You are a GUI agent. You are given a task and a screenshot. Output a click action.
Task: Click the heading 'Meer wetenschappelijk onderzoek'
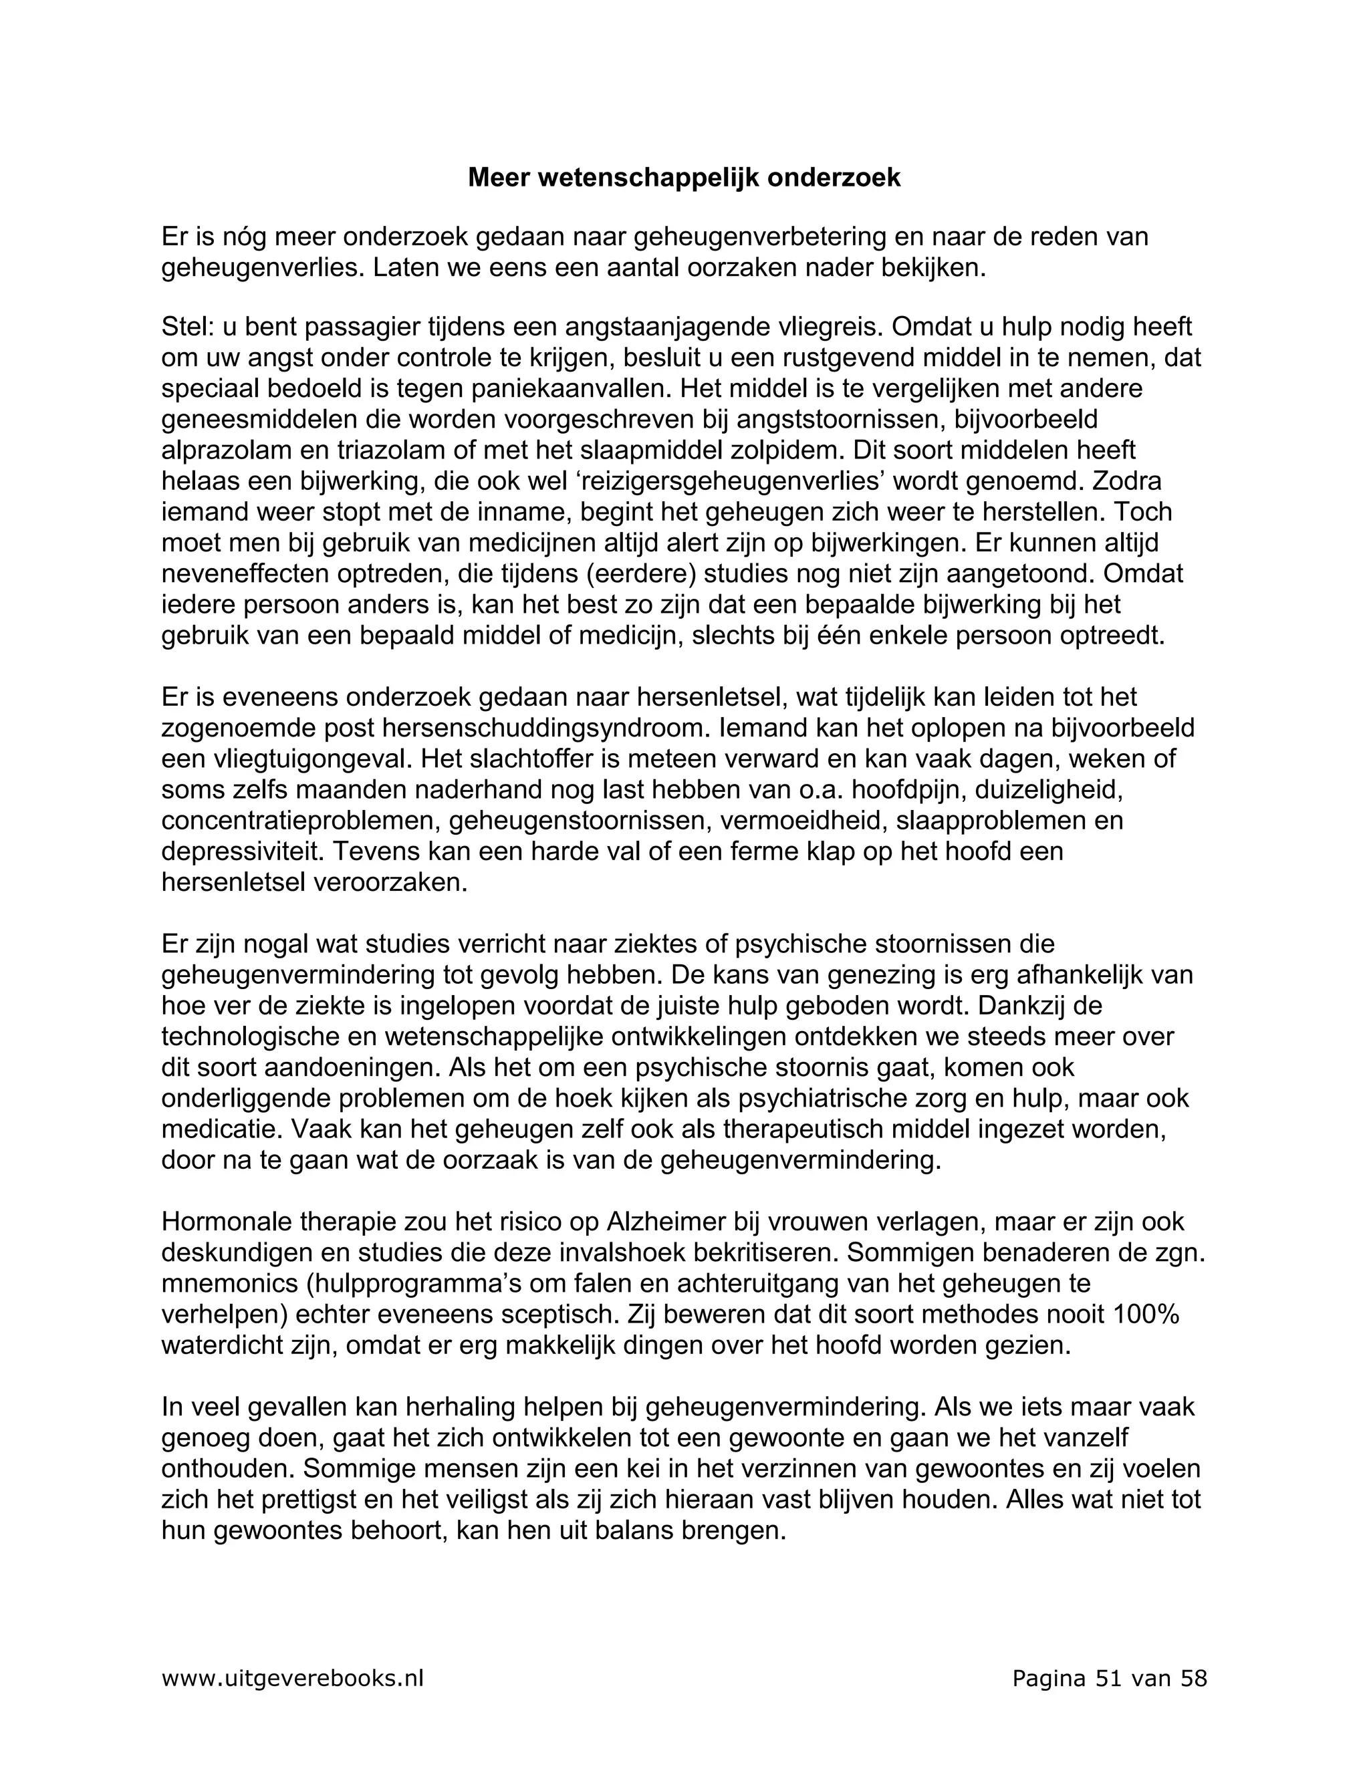tap(684, 178)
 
